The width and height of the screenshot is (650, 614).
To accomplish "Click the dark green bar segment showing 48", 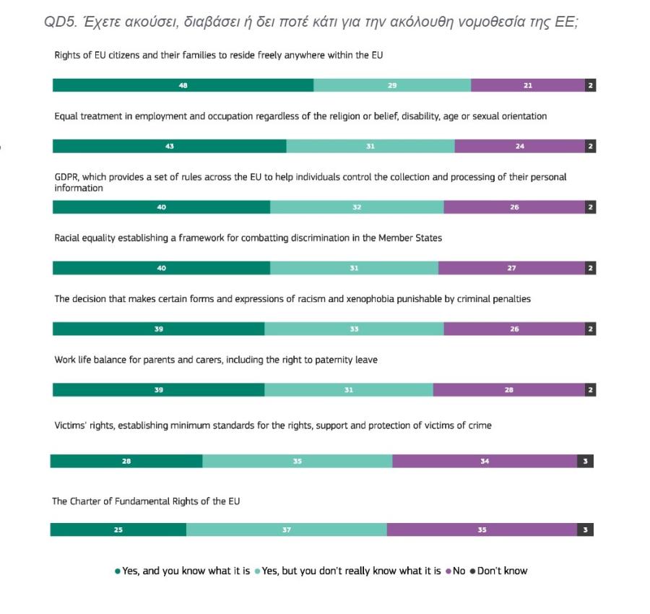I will pos(183,85).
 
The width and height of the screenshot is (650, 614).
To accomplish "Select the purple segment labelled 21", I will pos(527,85).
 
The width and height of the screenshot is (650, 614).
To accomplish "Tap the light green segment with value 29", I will pos(392,85).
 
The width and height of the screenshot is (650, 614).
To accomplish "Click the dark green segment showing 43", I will pos(169,147).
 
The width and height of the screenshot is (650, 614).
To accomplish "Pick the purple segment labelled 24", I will pos(519,147).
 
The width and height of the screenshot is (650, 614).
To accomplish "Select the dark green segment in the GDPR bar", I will pos(161,207).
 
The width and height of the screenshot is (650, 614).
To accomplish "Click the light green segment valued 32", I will pos(357,207).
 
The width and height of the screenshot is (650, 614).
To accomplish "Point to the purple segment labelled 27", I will pos(511,269).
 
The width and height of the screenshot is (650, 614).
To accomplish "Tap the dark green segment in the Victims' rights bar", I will pos(126,461).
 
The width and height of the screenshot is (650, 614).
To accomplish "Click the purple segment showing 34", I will pos(485,461).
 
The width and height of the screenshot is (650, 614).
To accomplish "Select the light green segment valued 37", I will pos(286,529).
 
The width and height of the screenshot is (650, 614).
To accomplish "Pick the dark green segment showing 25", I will pos(118,529).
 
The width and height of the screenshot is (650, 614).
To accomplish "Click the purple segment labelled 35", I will pos(481,529).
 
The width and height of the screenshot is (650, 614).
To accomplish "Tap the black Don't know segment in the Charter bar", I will pos(585,529).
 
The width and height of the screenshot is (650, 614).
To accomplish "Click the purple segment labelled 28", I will pos(508,390).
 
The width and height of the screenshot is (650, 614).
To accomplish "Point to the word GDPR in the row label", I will pos(67,177).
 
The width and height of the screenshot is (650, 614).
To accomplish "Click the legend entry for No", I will pos(456,571).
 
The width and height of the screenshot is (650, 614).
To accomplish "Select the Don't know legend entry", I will pos(499,571).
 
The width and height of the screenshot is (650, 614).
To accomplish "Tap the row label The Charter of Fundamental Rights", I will pos(145,501).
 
